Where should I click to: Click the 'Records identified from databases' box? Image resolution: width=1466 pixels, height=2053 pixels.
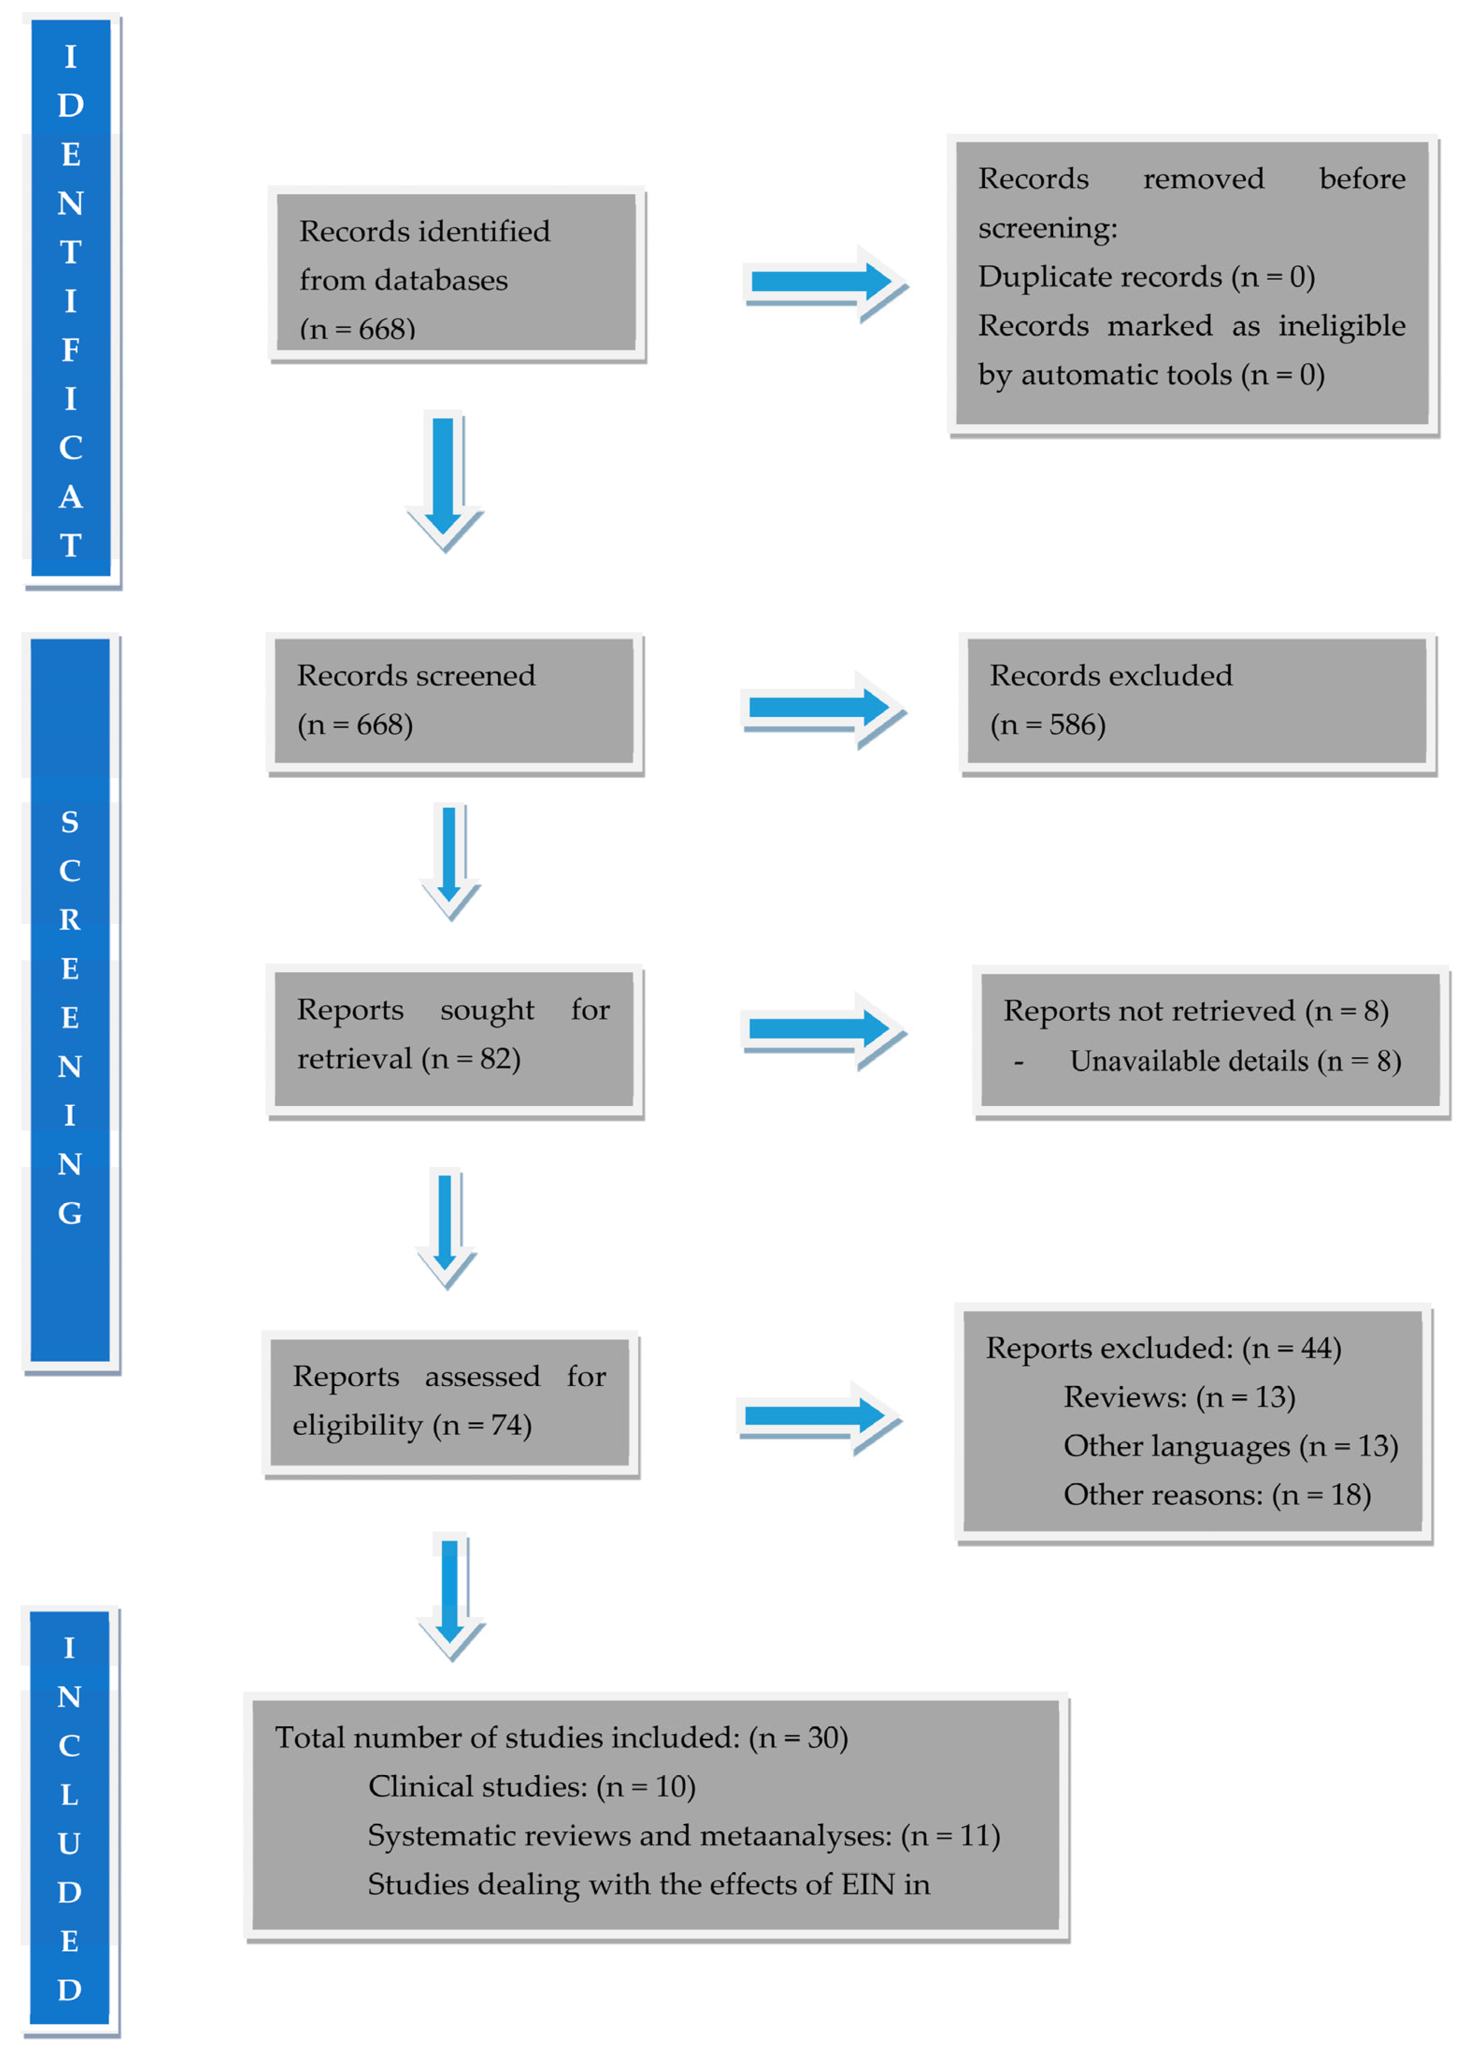tap(456, 273)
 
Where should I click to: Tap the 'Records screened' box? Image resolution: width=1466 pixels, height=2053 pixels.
tap(454, 701)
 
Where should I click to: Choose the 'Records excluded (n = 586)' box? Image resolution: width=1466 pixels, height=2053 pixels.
tap(1196, 701)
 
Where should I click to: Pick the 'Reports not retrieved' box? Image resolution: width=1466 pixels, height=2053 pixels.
tap(1209, 1039)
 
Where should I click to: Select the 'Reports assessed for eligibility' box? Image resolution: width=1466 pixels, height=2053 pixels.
tap(450, 1402)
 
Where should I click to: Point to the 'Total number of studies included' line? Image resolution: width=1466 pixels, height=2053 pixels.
tap(561, 1737)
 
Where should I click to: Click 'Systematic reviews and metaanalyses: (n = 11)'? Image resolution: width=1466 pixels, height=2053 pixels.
tap(683, 1835)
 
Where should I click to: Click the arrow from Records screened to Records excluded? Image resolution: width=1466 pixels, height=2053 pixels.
tap(822, 708)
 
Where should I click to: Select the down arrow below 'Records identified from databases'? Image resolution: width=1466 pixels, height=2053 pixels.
tap(444, 479)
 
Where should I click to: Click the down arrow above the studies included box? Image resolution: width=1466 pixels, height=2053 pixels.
tap(451, 1594)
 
